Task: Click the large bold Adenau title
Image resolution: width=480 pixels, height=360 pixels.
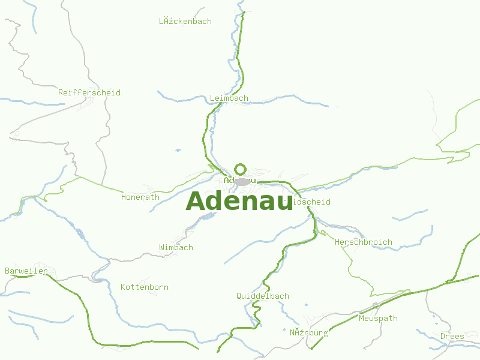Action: [239, 202]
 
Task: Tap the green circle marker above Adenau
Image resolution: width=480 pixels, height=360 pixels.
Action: [240, 169]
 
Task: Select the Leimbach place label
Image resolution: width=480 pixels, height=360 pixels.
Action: [229, 98]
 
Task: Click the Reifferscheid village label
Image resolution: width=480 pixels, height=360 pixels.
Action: [89, 92]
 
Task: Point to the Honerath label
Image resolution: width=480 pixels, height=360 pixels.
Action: [140, 197]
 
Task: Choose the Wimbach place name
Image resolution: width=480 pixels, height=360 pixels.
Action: [176, 247]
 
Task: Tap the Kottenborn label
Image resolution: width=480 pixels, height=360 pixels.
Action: [145, 287]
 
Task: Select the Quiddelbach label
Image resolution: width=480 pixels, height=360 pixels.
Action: [263, 296]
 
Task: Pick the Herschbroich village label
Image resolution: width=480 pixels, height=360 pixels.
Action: [364, 242]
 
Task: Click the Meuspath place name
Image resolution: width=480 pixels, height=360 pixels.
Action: [378, 318]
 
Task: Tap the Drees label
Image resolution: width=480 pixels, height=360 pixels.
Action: [452, 336]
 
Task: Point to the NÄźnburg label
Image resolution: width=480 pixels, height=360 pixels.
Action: [308, 332]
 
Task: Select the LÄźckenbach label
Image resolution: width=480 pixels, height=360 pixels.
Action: [185, 21]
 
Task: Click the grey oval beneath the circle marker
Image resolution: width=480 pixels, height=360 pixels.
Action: [242, 181]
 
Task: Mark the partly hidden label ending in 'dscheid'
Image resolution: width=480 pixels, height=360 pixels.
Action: [311, 202]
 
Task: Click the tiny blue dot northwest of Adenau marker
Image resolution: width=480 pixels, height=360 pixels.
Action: [178, 150]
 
